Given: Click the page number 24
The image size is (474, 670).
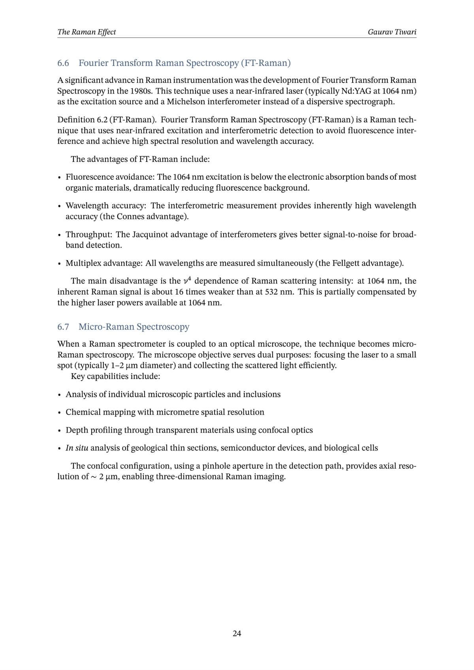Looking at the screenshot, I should (x=237, y=634).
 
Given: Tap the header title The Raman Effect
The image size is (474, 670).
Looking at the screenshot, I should (x=87, y=32).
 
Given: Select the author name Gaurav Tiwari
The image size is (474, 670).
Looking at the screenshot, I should (x=392, y=32).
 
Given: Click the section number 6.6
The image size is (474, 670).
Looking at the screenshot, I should (x=63, y=63).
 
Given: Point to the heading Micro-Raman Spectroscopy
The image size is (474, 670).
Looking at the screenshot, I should (x=134, y=327).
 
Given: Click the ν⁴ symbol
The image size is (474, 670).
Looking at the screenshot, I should (x=188, y=281).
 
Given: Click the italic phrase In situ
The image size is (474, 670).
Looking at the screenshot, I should (x=77, y=448).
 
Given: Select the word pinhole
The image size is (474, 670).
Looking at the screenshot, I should (x=216, y=466).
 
